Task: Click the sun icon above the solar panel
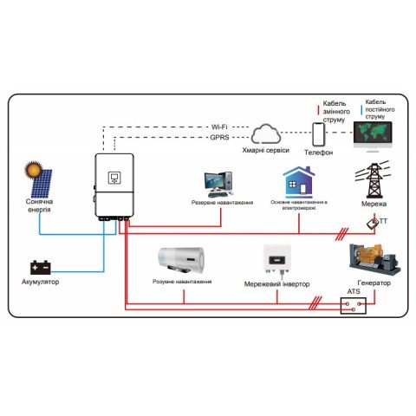pyautogui.click(x=34, y=168)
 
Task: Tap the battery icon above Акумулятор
pyautogui.click(x=40, y=267)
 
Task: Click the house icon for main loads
pyautogui.click(x=296, y=183)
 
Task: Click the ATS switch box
pyautogui.click(x=354, y=304)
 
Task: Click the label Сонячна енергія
pyautogui.click(x=39, y=206)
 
